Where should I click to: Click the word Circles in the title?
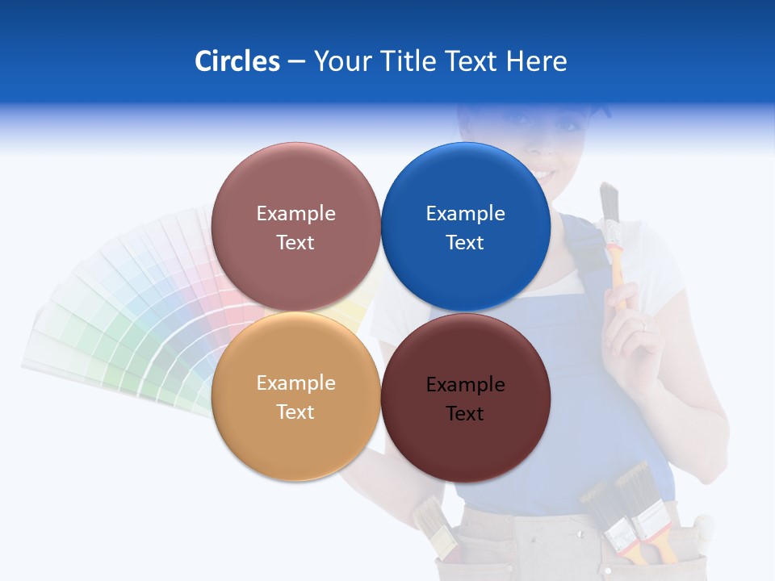click(x=237, y=61)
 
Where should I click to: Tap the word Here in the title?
click(x=537, y=61)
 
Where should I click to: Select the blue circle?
click(x=466, y=227)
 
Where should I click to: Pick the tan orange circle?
click(x=295, y=396)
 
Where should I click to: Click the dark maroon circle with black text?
click(x=466, y=398)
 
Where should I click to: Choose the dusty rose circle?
click(x=295, y=227)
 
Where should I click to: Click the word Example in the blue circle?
click(x=466, y=213)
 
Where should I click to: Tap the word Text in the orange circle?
click(x=295, y=412)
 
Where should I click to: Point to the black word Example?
click(x=466, y=384)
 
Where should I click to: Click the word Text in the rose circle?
click(x=295, y=242)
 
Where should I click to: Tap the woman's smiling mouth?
click(x=543, y=174)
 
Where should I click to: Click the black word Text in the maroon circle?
click(x=466, y=413)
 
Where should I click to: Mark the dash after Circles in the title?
click(x=296, y=62)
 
